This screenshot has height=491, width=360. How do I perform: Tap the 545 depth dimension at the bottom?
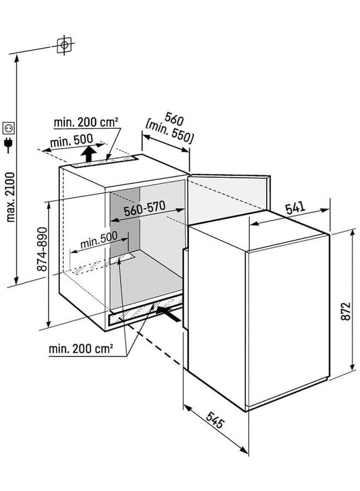point(215,420)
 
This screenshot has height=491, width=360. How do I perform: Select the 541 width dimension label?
point(295,208)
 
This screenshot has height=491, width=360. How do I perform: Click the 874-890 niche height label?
point(42,249)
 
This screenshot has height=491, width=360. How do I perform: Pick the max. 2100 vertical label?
point(10,197)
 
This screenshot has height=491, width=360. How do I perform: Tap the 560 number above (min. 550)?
point(174,119)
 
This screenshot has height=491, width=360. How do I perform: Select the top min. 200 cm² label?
point(86,122)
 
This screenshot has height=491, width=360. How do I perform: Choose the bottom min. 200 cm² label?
point(81,349)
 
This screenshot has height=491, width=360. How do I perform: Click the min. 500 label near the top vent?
point(71,141)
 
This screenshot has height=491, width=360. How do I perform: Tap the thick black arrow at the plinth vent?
point(169,314)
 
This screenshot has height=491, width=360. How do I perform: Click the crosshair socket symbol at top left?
point(64,45)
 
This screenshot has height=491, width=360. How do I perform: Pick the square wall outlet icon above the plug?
point(8,128)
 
